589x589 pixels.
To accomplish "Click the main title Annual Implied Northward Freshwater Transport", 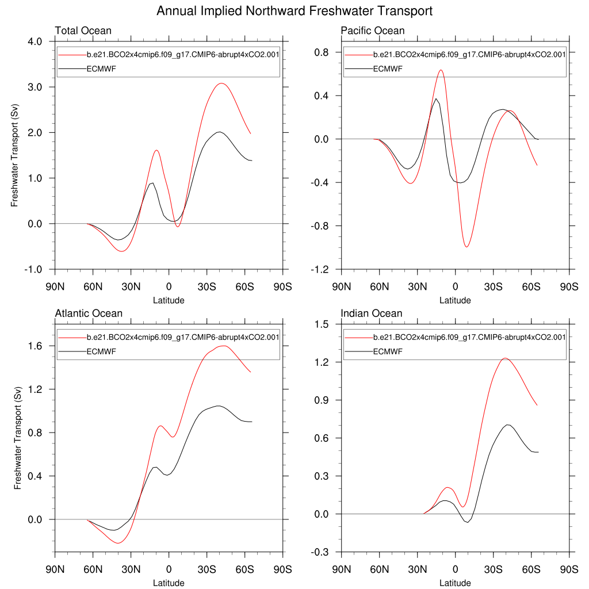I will [x=294, y=11].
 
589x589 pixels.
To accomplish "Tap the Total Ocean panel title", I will [x=83, y=30].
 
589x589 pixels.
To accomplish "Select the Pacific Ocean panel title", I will [x=373, y=30].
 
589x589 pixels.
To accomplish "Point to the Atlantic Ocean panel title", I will [x=89, y=313].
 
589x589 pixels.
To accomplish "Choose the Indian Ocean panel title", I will [x=372, y=313].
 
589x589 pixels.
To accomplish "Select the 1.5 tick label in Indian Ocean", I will [x=322, y=324].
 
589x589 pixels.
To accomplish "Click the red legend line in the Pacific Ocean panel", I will [x=358, y=55].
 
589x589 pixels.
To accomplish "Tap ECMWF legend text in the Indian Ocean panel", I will [x=388, y=351].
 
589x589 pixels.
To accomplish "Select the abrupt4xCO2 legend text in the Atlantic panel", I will [x=183, y=337].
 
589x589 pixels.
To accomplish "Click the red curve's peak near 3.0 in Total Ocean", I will [x=221, y=83].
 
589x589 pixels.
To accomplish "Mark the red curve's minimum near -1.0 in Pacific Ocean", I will [x=466, y=247].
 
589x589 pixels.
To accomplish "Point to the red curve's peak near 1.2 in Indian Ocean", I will [x=505, y=358].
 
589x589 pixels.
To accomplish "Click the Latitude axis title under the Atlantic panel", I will [x=169, y=583].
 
